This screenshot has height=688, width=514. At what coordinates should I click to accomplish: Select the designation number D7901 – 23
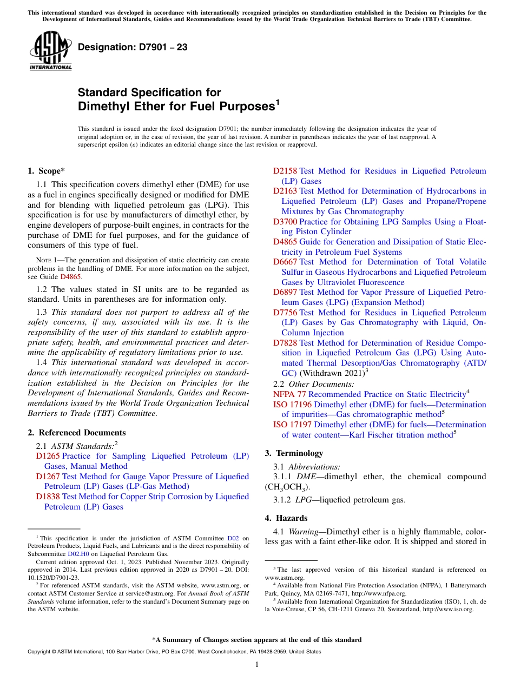tap(133, 48)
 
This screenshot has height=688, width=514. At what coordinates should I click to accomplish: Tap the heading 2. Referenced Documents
tap(76, 433)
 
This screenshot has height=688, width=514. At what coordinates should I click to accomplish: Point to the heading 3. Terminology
tap(294, 453)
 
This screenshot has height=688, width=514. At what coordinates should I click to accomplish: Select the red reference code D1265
tap(48, 456)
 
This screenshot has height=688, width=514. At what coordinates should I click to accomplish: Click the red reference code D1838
tap(48, 497)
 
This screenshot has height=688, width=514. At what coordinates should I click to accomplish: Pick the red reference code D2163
tap(285, 191)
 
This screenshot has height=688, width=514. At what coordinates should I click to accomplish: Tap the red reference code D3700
tap(285, 222)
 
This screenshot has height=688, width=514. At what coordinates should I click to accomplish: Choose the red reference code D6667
tap(285, 262)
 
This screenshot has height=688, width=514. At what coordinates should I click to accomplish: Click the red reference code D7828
tap(285, 343)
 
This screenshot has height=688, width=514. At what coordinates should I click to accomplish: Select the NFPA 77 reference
tap(289, 394)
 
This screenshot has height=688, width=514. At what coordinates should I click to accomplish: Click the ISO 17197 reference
tap(292, 425)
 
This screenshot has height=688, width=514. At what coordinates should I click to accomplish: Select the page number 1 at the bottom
tap(257, 665)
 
